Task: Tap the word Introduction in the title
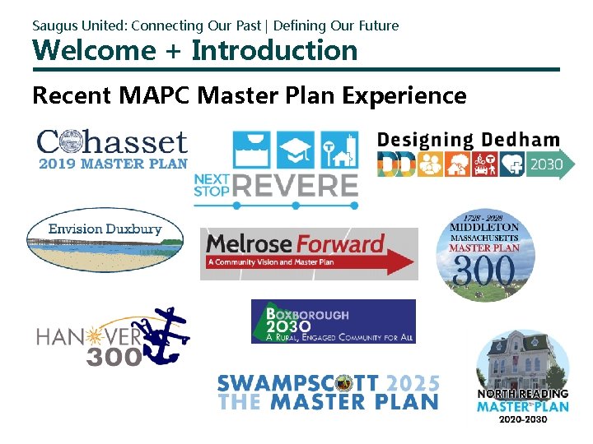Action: point(274,51)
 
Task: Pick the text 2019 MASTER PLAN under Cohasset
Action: point(113,163)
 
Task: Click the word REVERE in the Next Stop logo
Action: point(296,185)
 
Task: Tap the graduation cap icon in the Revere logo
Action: point(296,150)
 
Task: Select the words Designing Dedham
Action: point(468,141)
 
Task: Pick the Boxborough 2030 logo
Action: point(333,321)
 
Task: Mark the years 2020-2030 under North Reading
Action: point(523,419)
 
